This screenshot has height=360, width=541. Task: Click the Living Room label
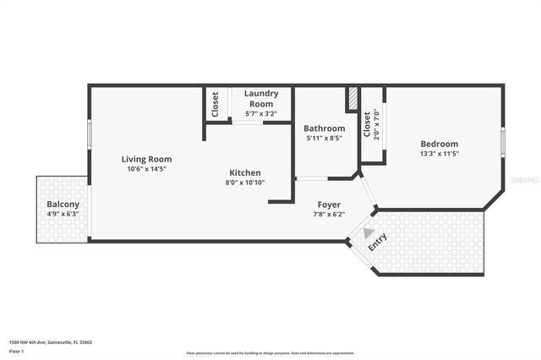[146, 159]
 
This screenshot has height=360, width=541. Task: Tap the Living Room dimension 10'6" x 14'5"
[146, 169]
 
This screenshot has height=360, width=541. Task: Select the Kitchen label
[245, 172]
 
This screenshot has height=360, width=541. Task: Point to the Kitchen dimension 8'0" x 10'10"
[245, 183]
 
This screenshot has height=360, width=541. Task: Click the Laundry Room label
[261, 98]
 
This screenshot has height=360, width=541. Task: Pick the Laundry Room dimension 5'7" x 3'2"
[261, 113]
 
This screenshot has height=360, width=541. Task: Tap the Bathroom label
[325, 128]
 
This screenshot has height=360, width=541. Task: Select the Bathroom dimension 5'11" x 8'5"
[325, 139]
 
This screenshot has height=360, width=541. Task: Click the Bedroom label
[440, 145]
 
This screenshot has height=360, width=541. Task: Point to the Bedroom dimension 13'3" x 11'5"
[440, 155]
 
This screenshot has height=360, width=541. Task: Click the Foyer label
[329, 205]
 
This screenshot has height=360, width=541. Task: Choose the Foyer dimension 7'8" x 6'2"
[329, 215]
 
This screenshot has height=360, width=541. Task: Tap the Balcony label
[63, 205]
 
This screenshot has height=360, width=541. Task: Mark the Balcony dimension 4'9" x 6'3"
[63, 215]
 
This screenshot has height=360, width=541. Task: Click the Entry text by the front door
[376, 243]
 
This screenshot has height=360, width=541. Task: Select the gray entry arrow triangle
[368, 232]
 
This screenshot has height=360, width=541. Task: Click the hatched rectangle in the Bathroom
[352, 99]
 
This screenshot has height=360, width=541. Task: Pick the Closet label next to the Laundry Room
[215, 104]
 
